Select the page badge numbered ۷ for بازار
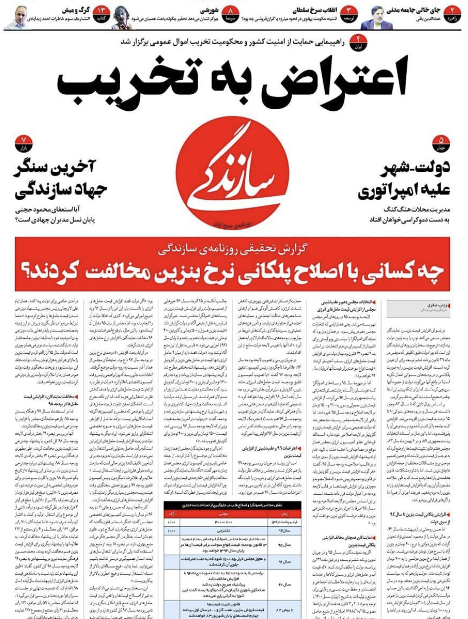click(24, 143)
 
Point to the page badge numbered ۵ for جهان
click(441, 143)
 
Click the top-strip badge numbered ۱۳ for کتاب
click(102, 13)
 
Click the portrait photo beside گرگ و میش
click(17, 18)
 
